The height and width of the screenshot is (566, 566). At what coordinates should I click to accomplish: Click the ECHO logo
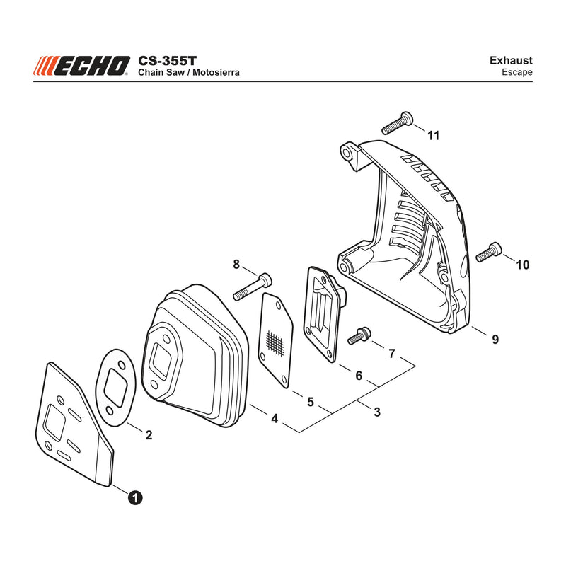(x=81, y=66)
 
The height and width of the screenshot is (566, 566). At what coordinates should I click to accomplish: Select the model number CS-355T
(x=167, y=60)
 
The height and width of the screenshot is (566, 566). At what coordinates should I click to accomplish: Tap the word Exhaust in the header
(x=511, y=60)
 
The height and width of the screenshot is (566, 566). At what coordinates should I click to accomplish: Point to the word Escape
(x=517, y=72)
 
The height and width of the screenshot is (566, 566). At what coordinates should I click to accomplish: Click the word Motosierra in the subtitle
(x=216, y=72)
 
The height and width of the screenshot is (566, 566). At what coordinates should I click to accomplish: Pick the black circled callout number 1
(x=135, y=498)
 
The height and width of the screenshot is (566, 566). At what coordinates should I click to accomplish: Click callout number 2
(x=149, y=435)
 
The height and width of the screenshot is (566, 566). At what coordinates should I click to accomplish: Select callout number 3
(x=377, y=412)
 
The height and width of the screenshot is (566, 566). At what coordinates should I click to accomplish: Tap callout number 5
(x=311, y=402)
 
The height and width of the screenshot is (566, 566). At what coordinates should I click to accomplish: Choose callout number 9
(x=495, y=340)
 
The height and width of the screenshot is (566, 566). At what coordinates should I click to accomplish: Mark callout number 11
(x=433, y=136)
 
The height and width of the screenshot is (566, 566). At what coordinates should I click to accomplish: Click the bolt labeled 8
(x=253, y=287)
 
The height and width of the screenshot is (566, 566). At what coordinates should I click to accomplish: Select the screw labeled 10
(x=489, y=252)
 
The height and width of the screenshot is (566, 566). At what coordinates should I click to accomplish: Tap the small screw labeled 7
(x=359, y=335)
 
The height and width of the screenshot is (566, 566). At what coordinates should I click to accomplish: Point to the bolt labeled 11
(x=398, y=123)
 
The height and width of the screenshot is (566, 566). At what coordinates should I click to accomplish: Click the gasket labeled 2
(x=115, y=387)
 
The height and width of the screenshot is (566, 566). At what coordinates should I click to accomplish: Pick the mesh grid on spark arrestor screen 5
(x=275, y=343)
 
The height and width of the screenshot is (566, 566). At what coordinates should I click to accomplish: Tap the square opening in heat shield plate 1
(x=56, y=422)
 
